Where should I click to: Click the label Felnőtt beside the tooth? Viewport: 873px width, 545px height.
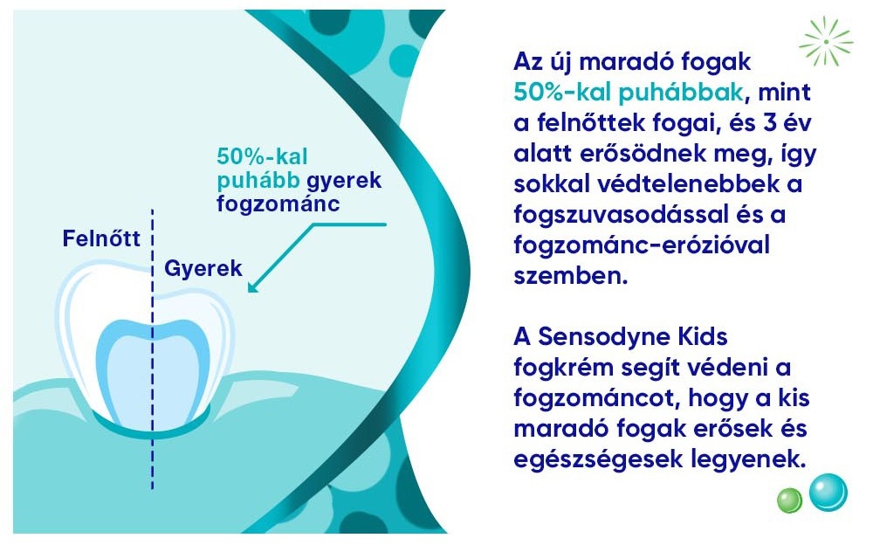coord(101,238)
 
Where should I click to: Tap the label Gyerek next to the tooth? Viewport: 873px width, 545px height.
coord(203,269)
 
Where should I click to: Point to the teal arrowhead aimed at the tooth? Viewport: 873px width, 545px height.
coord(254,286)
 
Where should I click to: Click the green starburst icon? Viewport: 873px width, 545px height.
coord(826,42)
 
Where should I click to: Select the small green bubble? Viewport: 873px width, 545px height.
coord(789,500)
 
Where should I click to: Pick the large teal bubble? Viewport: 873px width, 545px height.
coord(828,492)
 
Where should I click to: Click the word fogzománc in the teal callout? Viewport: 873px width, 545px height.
coord(278,204)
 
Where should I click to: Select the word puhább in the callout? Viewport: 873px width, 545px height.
coord(258,181)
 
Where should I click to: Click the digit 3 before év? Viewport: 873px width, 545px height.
coord(770,122)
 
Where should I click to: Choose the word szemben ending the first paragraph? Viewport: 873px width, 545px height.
coord(571,276)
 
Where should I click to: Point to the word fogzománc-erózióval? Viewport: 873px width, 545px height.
coord(642,245)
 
